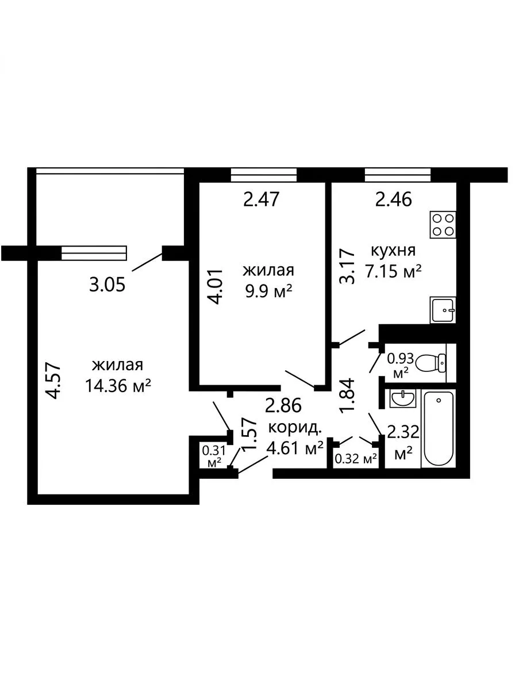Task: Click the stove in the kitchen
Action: click(x=443, y=224)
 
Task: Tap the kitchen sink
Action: click(x=443, y=310)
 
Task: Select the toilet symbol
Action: click(x=431, y=363)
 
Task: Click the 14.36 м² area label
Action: click(x=118, y=386)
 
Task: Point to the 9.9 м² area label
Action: click(x=268, y=291)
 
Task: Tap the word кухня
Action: click(x=393, y=251)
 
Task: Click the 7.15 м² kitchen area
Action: click(x=393, y=272)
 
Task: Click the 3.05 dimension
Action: click(x=107, y=285)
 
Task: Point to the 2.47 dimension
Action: click(x=262, y=200)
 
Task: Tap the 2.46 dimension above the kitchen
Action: click(x=394, y=200)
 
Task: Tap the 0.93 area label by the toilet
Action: click(x=400, y=358)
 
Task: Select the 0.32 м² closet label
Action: click(x=356, y=459)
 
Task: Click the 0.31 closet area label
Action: click(x=214, y=450)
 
